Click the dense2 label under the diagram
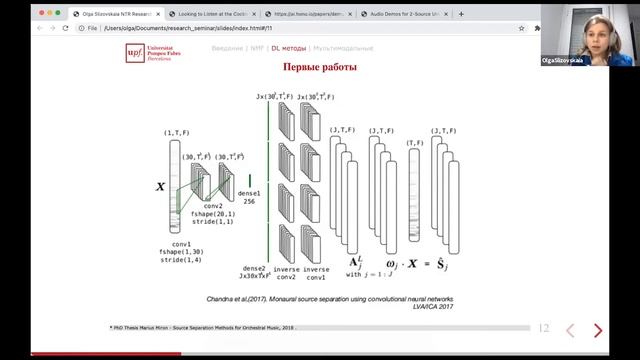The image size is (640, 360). pos(255,271)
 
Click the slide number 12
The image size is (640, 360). pos(544,328)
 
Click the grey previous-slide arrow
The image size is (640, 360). pos(570,330)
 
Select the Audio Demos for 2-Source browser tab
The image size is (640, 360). pos(465,14)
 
